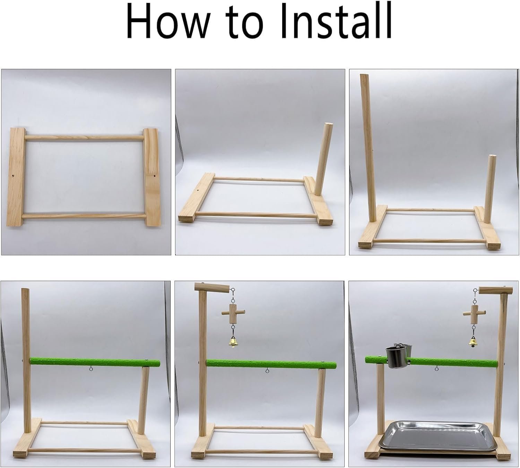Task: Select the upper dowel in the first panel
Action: point(84,138)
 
